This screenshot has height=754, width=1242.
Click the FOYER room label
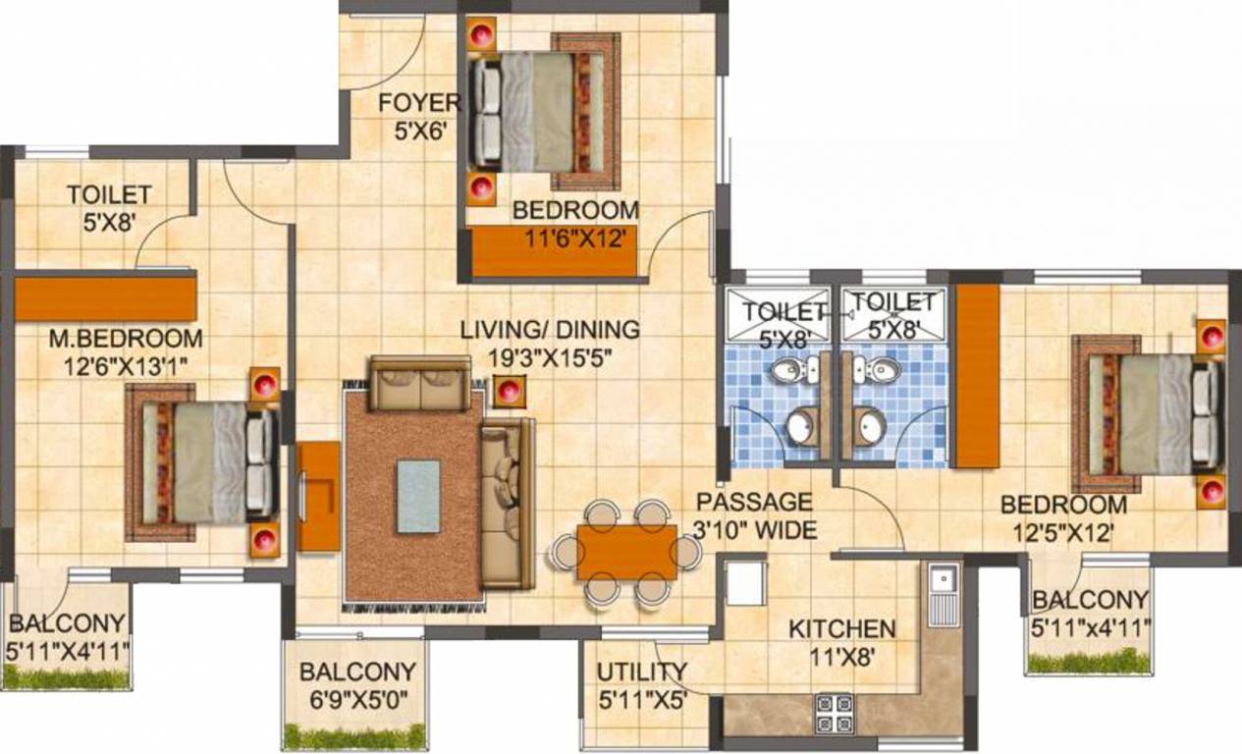pos(419,102)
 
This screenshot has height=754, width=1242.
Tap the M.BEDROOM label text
pos(127,340)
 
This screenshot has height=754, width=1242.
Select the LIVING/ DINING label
pos(550,330)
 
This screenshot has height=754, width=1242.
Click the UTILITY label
pos(642,672)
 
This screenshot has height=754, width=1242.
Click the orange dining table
pos(626,553)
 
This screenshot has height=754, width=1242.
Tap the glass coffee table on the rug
pos(418,497)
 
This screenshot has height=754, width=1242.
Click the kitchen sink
pos(943,594)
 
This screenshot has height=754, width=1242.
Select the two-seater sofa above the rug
pos(419,383)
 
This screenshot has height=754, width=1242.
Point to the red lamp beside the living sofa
pos(507,392)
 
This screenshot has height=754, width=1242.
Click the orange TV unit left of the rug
pos(319,496)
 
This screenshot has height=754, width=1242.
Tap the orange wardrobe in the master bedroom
pos(105,298)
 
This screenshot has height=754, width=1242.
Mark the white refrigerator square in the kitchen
pos(745,584)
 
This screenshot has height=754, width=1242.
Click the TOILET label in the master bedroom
pos(108,194)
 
